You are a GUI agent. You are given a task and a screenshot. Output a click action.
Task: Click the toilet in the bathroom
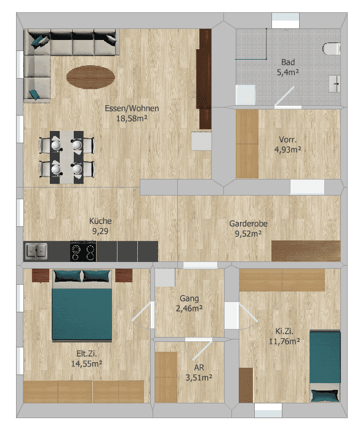click(332, 49)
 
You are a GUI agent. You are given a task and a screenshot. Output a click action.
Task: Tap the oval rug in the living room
click(90, 77)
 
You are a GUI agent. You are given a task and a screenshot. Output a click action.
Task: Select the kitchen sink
click(36, 251)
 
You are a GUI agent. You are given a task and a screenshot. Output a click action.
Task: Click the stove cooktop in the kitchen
click(83, 251)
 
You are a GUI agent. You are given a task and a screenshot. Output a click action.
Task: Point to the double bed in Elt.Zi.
click(82, 306)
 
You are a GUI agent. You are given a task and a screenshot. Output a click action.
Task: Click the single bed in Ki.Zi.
click(325, 367)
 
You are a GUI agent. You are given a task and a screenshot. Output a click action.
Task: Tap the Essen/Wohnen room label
click(132, 108)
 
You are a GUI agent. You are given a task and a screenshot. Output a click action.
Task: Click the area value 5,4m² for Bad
click(288, 73)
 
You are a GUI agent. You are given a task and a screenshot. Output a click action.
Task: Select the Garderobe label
click(248, 224)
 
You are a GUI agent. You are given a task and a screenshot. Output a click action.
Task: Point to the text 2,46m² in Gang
click(190, 309)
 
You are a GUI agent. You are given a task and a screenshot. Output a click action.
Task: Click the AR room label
click(199, 367)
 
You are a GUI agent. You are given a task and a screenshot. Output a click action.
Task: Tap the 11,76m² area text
click(284, 341)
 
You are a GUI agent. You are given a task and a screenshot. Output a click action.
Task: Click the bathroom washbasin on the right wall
click(335, 84)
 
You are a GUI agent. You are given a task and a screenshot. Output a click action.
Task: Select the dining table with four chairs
click(66, 157)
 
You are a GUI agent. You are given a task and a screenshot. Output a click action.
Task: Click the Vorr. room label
click(288, 140)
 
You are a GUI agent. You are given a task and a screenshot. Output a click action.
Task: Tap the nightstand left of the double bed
click(41, 275)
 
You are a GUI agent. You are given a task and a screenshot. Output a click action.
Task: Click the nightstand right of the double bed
click(124, 275)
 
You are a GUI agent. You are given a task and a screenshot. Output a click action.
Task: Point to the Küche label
click(100, 221)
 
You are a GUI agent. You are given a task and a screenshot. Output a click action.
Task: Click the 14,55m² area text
click(87, 364)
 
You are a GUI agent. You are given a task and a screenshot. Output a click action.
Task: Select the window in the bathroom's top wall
click(286, 20)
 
